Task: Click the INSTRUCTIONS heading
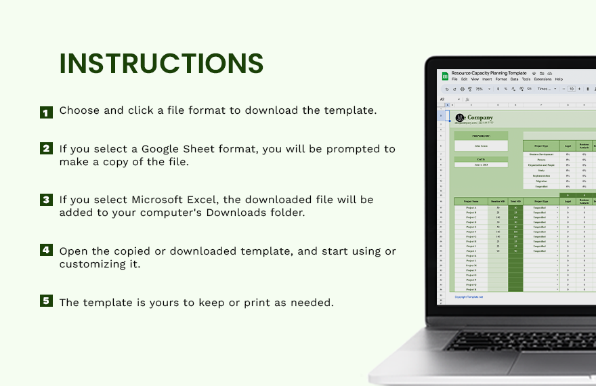click(x=161, y=64)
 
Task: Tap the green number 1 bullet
click(x=46, y=112)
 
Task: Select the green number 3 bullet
click(x=46, y=200)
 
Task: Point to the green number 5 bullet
click(x=46, y=301)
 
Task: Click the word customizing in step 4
click(x=92, y=264)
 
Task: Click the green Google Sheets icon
click(x=446, y=76)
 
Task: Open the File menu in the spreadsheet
click(x=455, y=79)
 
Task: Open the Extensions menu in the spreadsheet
click(x=543, y=79)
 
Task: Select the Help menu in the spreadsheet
click(x=559, y=79)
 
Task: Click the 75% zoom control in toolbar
click(x=480, y=89)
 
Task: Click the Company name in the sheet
click(x=480, y=118)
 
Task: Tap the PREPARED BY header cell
click(x=481, y=136)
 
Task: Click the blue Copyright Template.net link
click(x=469, y=297)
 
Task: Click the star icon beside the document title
click(x=534, y=73)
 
